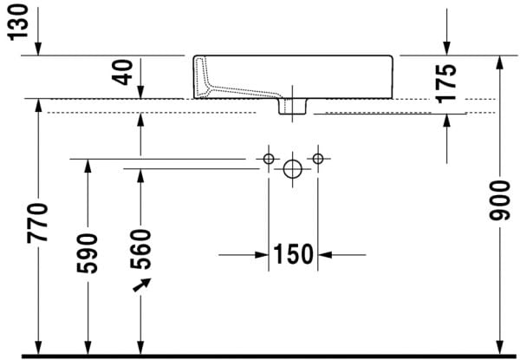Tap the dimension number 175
[445, 83]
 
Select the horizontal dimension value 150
[293, 255]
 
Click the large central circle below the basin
[293, 167]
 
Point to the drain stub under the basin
[292, 106]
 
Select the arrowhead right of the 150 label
[326, 255]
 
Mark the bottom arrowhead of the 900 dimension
[498, 347]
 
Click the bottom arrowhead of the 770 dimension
[38, 346]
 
